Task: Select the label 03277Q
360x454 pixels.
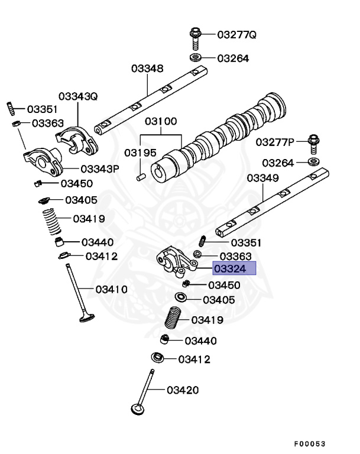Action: [236, 35]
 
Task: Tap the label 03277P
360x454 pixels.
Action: [275, 142]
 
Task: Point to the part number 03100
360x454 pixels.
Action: [161, 122]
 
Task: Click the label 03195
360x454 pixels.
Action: [140, 153]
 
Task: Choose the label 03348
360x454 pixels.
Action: [147, 69]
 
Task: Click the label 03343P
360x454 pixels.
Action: [100, 168]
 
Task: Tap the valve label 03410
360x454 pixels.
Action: [111, 289]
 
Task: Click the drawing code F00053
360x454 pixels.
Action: [310, 444]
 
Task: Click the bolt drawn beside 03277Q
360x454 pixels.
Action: [196, 37]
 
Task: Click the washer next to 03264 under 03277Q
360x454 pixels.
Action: [195, 58]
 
